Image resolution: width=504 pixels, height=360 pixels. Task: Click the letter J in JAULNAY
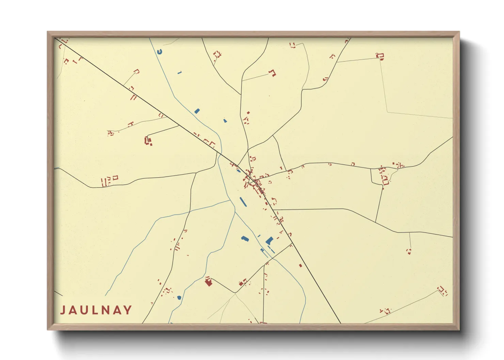tap(63, 310)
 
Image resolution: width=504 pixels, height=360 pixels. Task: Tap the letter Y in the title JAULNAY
tap(128, 310)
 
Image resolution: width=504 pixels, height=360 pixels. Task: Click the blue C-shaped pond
tap(160, 52)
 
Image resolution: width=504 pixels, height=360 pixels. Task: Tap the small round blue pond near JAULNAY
tap(179, 298)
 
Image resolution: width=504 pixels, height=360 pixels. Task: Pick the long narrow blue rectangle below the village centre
tap(243, 202)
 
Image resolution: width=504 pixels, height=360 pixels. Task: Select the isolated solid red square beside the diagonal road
tap(300, 265)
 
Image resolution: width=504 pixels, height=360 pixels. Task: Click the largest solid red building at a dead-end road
tap(208, 282)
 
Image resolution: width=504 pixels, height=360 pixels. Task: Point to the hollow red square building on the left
tap(115, 177)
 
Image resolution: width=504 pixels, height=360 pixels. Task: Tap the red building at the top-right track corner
tap(380, 56)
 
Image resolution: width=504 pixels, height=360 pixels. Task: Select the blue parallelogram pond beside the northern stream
tap(197, 111)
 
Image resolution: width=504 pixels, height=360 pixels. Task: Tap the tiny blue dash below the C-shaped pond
tap(179, 72)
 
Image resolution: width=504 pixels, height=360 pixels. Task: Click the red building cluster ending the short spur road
tap(148, 141)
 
